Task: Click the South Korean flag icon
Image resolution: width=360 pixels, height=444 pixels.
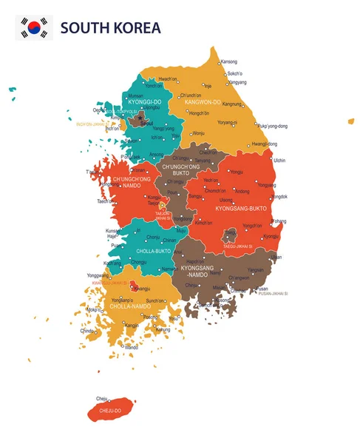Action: click(33, 28)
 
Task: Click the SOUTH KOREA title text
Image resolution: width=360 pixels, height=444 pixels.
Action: click(110, 29)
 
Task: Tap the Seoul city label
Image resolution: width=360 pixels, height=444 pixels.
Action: click(146, 123)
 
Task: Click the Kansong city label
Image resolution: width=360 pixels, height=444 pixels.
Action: click(229, 61)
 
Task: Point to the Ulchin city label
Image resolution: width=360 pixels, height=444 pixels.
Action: click(279, 160)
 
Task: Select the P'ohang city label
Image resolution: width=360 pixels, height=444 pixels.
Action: click(279, 221)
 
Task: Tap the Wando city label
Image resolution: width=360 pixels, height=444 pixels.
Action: click(131, 347)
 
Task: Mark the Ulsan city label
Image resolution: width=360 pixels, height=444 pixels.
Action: click(276, 257)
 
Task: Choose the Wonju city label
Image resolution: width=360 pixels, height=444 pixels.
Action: click(198, 133)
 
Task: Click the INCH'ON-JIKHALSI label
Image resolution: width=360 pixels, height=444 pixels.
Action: click(92, 124)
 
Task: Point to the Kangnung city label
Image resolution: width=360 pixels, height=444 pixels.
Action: click(233, 104)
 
